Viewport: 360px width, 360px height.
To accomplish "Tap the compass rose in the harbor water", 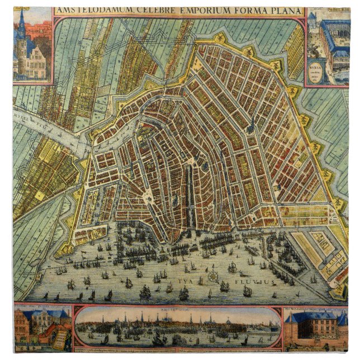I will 212,276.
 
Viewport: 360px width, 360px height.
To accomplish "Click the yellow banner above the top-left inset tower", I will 22,10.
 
